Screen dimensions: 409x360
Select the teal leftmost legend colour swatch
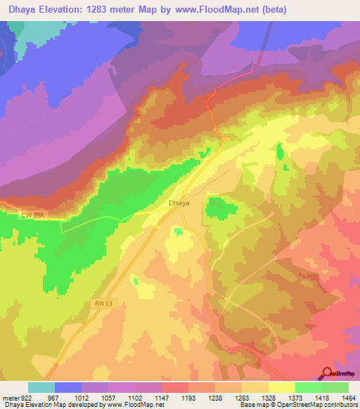click(x=41, y=387)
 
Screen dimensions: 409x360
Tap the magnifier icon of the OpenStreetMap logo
click(x=327, y=372)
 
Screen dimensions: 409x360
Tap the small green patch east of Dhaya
click(x=220, y=208)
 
